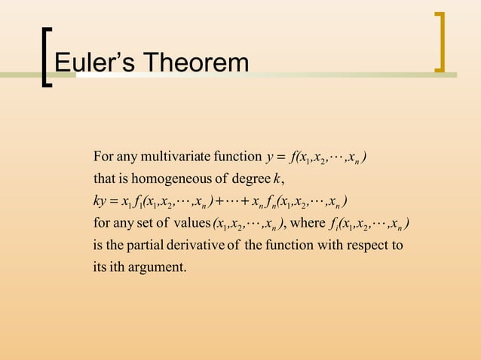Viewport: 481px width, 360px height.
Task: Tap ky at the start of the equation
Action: pyautogui.click(x=100, y=201)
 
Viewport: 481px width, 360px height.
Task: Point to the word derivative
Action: pyautogui.click(x=193, y=245)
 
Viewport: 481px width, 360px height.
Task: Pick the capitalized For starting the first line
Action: pyautogui.click(x=103, y=157)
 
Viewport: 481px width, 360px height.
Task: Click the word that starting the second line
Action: pyautogui.click(x=103, y=178)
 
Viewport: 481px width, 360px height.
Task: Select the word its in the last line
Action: pyautogui.click(x=100, y=267)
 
